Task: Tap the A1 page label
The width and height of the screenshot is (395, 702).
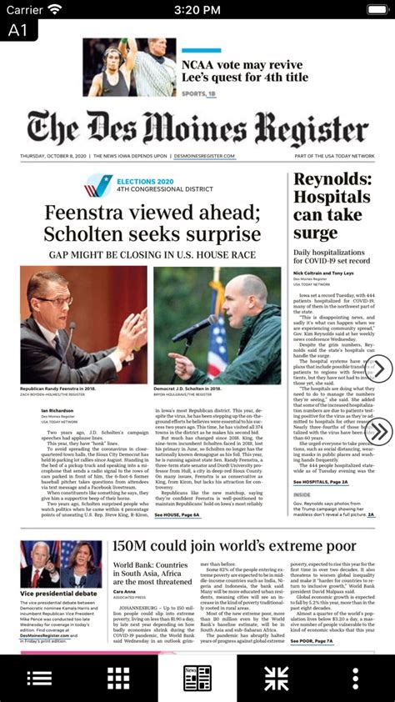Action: pos(18,30)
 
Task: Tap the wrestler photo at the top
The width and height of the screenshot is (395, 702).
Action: pos(129,68)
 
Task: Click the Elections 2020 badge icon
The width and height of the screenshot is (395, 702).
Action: pos(98,185)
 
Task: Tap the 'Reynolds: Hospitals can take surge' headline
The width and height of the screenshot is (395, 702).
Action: pos(332,207)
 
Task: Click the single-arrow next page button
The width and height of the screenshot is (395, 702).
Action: pos(379,369)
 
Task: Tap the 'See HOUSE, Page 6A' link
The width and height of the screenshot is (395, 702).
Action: pos(177,515)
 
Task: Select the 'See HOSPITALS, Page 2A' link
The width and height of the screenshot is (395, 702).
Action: pos(321,482)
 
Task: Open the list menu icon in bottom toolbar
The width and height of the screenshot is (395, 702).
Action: pos(39,678)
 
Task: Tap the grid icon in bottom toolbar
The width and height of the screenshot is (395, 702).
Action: pos(118,678)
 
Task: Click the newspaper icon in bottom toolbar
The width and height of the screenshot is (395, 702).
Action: pos(197,678)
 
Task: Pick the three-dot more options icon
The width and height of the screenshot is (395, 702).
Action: pos(356,678)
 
